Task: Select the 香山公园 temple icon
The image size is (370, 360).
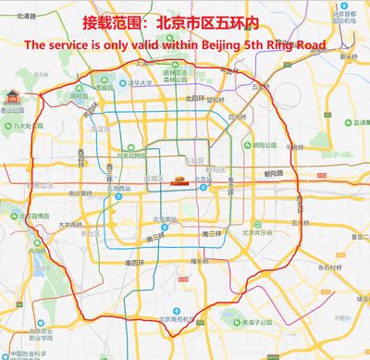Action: [12, 96]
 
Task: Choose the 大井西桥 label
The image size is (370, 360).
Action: [70, 224]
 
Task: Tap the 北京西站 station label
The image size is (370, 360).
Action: [119, 189]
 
